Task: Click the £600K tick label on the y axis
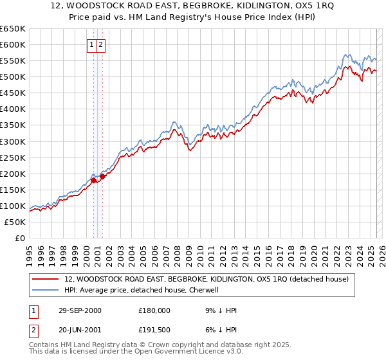(13, 44)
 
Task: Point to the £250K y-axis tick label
(13, 157)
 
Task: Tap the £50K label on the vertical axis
(15, 222)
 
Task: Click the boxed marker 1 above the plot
(93, 44)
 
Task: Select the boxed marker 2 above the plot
(102, 44)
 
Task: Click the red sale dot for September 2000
(94, 180)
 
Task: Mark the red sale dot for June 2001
(102, 176)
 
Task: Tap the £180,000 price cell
(154, 310)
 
